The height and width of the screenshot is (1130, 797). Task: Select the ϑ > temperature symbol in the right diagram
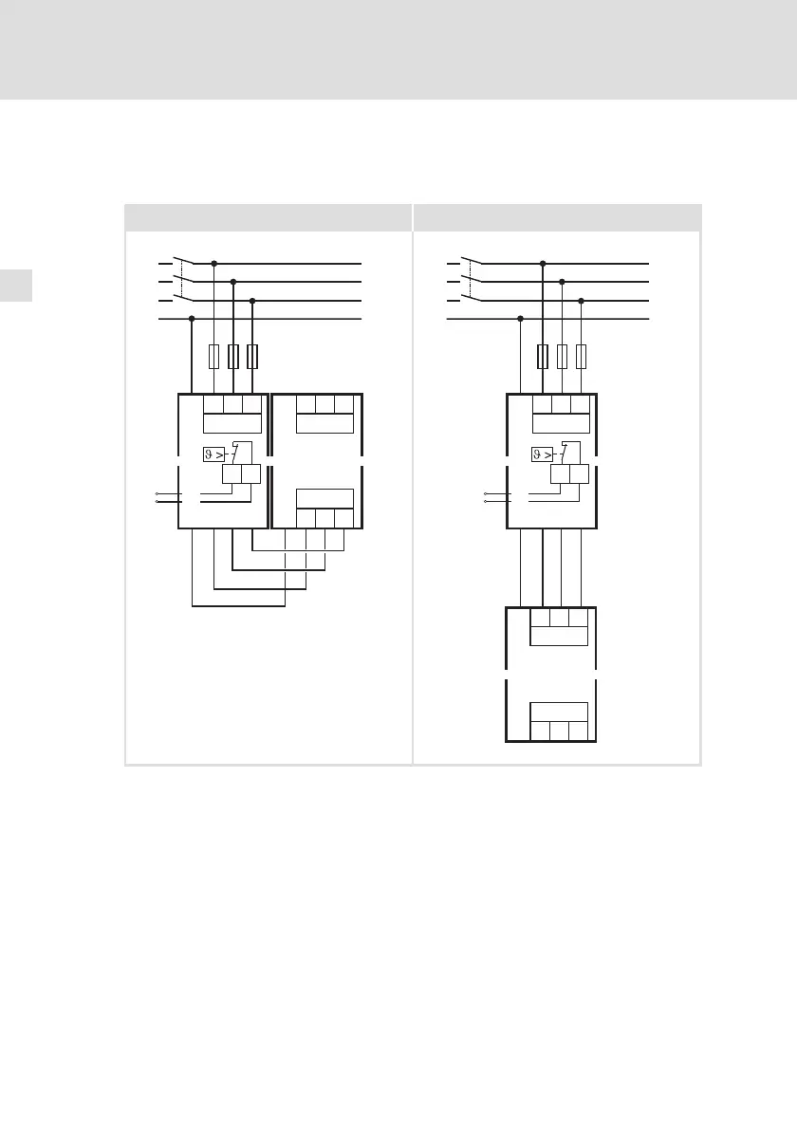(x=543, y=454)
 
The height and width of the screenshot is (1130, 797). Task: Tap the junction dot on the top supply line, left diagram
(x=214, y=263)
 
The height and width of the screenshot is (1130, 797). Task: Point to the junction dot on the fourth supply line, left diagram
(x=193, y=319)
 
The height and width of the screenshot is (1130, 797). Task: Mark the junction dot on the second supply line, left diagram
(x=233, y=282)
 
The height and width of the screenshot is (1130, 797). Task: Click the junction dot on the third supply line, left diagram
(x=252, y=301)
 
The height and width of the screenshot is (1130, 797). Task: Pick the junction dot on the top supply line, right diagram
(x=543, y=263)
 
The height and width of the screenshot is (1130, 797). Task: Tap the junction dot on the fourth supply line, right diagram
(x=521, y=319)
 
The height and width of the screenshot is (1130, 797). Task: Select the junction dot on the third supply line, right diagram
(x=581, y=301)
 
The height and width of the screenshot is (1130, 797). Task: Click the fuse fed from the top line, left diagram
(x=214, y=357)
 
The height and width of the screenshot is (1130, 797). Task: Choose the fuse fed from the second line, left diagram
(x=233, y=357)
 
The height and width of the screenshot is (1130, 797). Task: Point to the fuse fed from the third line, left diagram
(x=252, y=357)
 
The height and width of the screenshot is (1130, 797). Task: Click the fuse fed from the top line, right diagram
(x=543, y=357)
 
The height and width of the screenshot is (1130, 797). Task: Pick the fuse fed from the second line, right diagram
(x=562, y=357)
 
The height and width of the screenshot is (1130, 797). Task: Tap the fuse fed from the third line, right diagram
(x=581, y=357)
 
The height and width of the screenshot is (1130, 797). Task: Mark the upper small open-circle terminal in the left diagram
(x=157, y=493)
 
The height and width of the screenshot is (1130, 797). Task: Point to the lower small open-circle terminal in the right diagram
(x=485, y=501)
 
